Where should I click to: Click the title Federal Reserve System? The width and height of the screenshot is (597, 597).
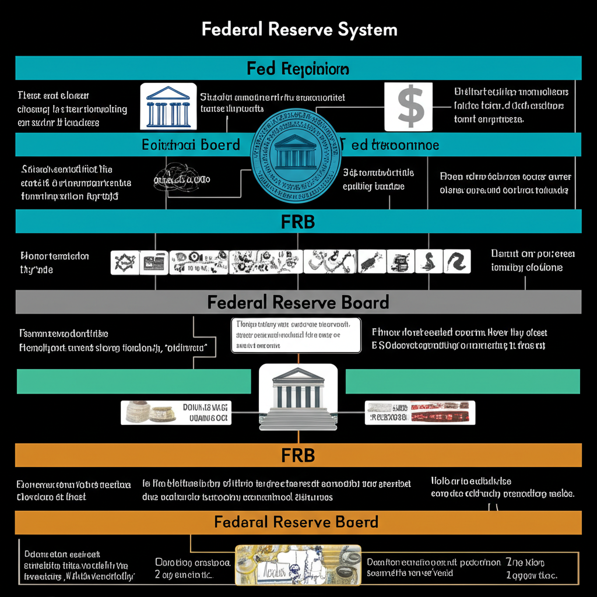tap(299, 30)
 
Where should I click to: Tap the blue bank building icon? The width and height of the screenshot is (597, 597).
tap(168, 106)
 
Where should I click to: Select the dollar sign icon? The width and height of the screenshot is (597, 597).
tap(409, 106)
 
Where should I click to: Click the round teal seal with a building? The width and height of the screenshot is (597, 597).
tap(295, 156)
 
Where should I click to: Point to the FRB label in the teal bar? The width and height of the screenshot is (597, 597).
tap(298, 222)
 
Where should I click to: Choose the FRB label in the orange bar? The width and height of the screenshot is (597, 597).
tap(298, 455)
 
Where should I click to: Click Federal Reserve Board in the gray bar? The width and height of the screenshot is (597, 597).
tap(298, 302)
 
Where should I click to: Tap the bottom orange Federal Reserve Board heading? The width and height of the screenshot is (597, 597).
tap(296, 522)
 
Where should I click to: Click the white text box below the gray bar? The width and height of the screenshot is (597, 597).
tap(295, 335)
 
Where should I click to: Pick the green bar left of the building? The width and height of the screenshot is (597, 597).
tap(134, 381)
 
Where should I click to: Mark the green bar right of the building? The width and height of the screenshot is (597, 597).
tap(462, 381)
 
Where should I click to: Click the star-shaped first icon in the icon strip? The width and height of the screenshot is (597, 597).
tap(124, 262)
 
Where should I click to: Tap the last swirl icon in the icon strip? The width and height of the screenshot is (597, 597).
tap(456, 262)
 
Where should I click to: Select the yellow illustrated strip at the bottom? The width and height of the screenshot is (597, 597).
tap(298, 564)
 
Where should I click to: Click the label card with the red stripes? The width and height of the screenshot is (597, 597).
tap(420, 412)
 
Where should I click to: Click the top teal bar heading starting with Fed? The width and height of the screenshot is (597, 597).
tap(298, 69)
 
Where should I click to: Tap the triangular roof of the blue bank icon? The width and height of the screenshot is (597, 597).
tap(168, 93)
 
